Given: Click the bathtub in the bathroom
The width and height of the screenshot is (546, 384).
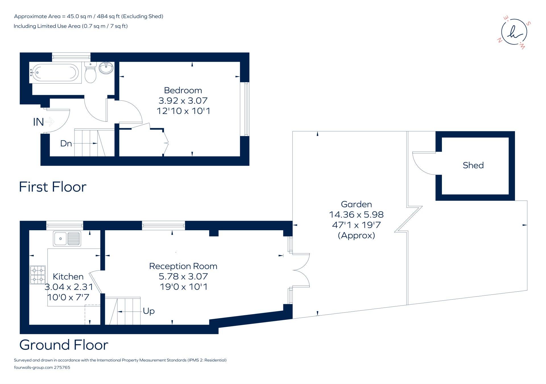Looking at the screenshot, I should tap(55, 73).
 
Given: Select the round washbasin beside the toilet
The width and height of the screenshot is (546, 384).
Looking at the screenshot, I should tap(106, 68).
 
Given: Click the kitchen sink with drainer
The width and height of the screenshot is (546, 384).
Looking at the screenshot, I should tap(67, 238).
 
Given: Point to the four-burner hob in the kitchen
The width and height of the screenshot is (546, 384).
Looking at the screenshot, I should tap(38, 275).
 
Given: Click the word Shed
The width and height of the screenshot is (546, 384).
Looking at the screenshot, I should tap(473, 165).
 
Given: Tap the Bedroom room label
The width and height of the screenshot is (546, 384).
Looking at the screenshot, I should tap(183, 90).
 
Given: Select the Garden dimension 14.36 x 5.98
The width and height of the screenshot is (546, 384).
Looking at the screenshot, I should tap(356, 215).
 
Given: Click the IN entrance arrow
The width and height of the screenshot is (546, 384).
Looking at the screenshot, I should tap(49, 122).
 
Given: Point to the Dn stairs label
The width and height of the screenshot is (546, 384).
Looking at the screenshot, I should tap(66, 144).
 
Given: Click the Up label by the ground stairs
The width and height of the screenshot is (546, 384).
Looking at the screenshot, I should tap(149, 311).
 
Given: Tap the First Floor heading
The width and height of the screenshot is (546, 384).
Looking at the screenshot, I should tap(53, 187).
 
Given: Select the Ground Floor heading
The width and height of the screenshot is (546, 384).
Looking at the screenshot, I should tap(64, 345).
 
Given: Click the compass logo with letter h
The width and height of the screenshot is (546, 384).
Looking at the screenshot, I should tap(514, 32).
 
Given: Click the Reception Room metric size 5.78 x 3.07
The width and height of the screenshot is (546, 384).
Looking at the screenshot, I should tap(183, 277).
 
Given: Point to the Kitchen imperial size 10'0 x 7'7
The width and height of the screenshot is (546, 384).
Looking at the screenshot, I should tap(68, 297).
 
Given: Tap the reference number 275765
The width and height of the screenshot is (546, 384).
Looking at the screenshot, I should tap(62, 368).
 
